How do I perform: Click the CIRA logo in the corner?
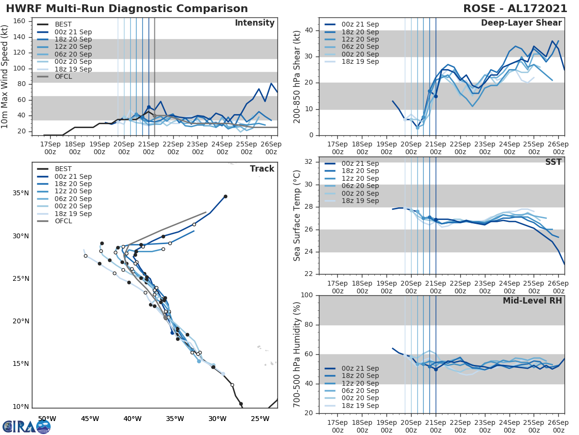click(26, 426)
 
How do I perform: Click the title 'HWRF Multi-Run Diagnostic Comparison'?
click(127, 9)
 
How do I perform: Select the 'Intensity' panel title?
click(254, 23)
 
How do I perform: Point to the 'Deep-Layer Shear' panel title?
click(521, 23)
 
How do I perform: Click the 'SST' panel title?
click(553, 162)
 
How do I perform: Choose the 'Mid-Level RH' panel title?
click(532, 301)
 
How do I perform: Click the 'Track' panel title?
click(262, 169)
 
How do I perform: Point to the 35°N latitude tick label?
click(21, 193)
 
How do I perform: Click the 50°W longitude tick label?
click(47, 418)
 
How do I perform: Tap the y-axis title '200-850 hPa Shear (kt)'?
click(297, 76)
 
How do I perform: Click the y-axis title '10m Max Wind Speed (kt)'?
click(5, 76)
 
